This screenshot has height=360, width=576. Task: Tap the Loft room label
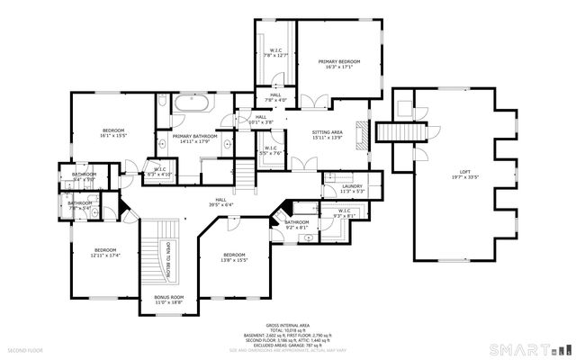click(x=465, y=171)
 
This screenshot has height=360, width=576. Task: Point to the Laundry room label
click(x=351, y=186)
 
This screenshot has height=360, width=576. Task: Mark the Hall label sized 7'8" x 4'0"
click(x=274, y=96)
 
